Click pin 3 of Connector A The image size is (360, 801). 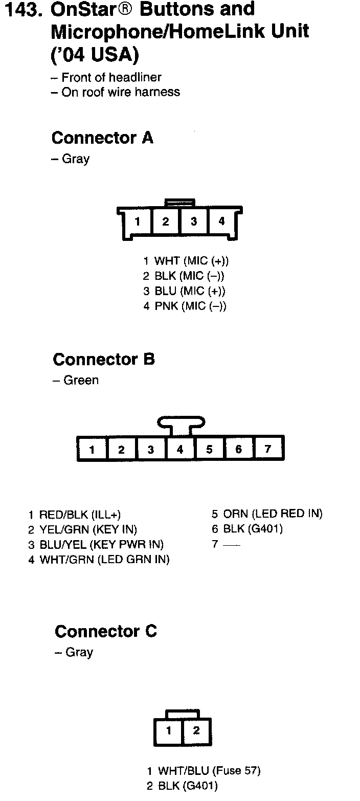pos(194,221)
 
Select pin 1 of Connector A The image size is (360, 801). pos(138,222)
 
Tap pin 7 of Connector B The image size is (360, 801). pos(268,449)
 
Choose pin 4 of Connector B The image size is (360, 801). pos(180,450)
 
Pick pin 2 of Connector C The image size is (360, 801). pos(196,730)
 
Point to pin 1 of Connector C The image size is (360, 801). pos(169,730)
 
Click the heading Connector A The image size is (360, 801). pos(102,138)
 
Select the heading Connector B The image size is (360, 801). pos(103,360)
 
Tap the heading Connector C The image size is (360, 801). pos(105,632)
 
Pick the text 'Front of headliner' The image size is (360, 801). pos(111,78)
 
